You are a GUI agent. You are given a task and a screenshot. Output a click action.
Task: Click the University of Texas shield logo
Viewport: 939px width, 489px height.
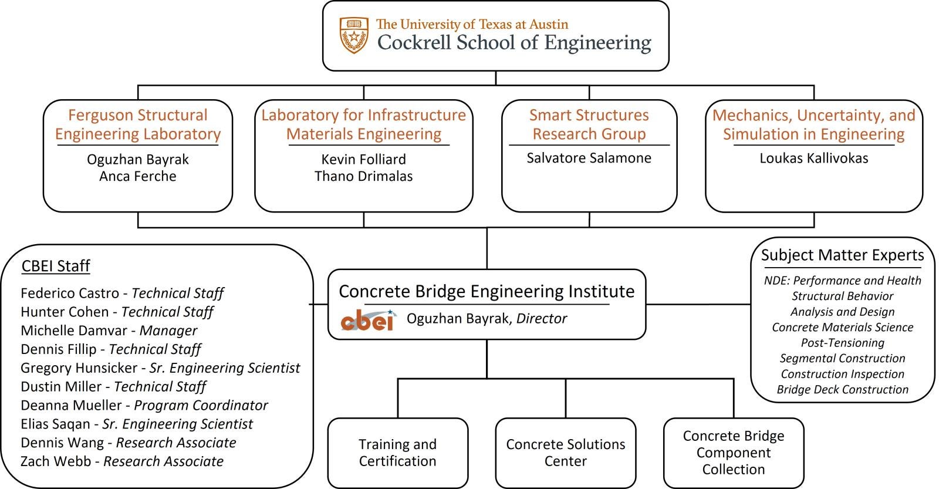[x=354, y=35]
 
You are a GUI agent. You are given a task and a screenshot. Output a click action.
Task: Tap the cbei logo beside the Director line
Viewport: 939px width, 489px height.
[x=367, y=320]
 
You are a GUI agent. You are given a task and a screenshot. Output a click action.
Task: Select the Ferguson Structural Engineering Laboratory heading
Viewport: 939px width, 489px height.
[x=138, y=124]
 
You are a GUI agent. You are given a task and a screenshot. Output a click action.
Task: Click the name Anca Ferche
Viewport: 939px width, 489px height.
[x=138, y=176]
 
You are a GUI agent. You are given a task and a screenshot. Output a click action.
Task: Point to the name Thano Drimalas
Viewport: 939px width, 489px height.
[x=363, y=176]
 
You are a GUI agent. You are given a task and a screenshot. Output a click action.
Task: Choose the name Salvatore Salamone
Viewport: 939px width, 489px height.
[x=589, y=158]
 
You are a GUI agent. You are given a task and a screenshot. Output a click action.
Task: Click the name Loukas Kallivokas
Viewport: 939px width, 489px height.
[x=813, y=158]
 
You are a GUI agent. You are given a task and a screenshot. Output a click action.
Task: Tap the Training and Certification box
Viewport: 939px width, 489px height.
[x=397, y=453]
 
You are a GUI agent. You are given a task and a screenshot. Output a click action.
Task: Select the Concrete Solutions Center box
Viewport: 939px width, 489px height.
[x=565, y=453]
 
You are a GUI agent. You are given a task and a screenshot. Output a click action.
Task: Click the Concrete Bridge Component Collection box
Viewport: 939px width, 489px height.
[x=733, y=453]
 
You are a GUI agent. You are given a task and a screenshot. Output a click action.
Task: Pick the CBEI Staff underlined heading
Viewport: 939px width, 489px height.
[x=56, y=267]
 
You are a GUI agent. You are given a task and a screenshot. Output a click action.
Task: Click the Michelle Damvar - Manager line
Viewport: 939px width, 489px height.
[x=109, y=331]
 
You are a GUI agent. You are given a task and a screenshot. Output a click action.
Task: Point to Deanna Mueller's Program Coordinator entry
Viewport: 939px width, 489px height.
[x=144, y=405]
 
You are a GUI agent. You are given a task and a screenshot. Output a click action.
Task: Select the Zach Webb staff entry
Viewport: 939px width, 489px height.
[x=121, y=461]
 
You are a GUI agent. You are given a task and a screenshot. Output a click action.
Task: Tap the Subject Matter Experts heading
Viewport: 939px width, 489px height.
[x=842, y=255]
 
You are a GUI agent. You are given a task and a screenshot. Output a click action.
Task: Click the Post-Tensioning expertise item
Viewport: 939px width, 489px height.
[x=842, y=343]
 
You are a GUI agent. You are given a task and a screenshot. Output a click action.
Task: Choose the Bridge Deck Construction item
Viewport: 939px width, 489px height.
[x=842, y=390]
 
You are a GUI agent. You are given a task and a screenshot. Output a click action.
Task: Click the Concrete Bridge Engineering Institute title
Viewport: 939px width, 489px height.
[x=487, y=292]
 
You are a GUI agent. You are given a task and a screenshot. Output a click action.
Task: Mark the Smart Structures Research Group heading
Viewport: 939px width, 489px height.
[x=589, y=124]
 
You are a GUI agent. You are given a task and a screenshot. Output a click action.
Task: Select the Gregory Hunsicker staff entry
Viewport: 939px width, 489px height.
[x=160, y=368]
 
